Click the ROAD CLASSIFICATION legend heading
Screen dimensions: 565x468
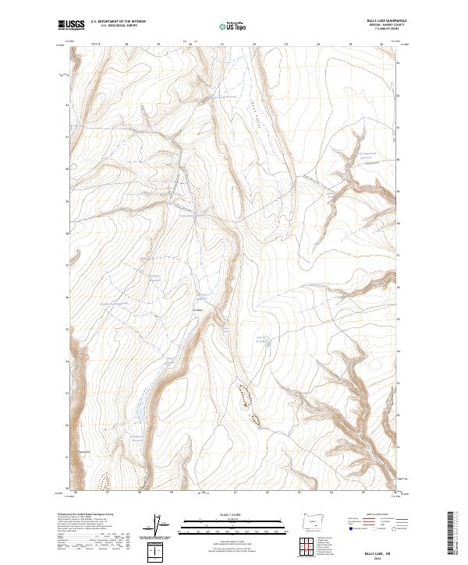pos(374,515)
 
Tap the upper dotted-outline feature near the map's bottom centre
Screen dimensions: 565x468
pos(244,395)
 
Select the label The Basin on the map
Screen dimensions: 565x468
pos(197,306)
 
